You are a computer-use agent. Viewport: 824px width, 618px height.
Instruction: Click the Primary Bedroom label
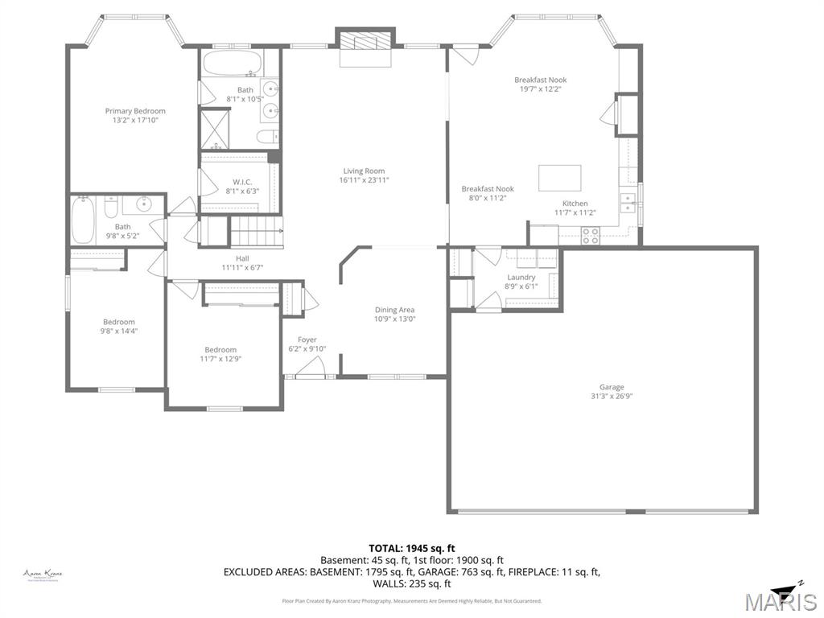tap(135, 111)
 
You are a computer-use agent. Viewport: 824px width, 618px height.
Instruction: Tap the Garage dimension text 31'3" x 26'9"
tap(611, 396)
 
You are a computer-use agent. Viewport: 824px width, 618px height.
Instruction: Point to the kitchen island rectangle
tap(560, 176)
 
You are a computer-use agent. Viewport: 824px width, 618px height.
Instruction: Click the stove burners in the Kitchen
tap(590, 235)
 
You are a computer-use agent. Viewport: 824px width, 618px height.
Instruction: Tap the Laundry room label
tap(521, 277)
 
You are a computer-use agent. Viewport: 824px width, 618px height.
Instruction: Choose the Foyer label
tap(307, 340)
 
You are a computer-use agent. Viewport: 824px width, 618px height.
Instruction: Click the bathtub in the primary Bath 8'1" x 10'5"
tap(228, 63)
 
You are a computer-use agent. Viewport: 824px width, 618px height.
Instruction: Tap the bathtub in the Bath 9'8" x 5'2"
tap(83, 220)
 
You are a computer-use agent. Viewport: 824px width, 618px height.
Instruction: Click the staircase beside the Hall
tap(257, 233)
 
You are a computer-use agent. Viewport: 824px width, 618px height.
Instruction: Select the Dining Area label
tap(394, 310)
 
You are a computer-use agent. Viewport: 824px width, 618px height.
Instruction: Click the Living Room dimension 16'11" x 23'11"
tap(364, 180)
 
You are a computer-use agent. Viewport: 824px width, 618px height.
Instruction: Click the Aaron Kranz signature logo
tap(43, 575)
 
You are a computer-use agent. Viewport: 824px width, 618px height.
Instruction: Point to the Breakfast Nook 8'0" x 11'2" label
tap(487, 189)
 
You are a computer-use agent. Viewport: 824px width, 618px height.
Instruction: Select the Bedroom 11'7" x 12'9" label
tap(220, 350)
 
